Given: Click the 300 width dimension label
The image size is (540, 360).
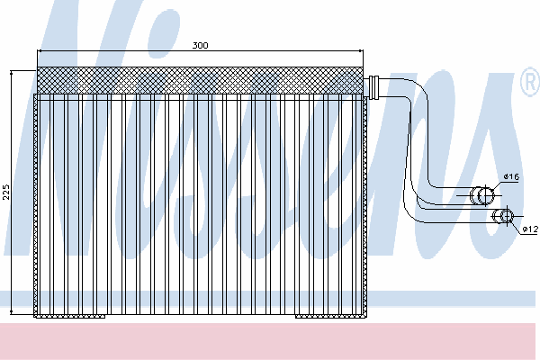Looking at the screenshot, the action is pos(200,46).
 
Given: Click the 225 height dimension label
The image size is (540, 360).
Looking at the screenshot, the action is pos(6,193).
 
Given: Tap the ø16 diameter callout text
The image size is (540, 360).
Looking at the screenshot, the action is pos(511,176).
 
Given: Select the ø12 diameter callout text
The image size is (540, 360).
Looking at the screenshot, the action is pos(530,229).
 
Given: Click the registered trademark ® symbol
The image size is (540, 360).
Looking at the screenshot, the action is pos(530,82).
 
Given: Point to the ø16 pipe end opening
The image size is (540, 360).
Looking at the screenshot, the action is pos(485,195).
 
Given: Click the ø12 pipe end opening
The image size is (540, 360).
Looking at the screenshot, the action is pos(507,216).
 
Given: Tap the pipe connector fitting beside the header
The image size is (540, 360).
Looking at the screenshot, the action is pos(373,87).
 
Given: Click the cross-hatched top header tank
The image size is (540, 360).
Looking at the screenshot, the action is pos(200,80).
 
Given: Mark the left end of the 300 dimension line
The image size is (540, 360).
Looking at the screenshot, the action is pos(38,51).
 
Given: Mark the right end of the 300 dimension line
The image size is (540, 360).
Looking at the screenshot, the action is pos(362,51).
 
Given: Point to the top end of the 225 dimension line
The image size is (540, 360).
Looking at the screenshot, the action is pos(12,72).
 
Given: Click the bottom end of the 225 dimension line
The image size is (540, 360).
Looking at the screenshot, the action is pos(12,312).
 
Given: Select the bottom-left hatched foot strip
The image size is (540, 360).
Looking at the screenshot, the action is pos(70,316).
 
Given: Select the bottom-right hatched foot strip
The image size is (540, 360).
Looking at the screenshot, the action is pos(331,316).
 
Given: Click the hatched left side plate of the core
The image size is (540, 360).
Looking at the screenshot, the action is pos(35,204).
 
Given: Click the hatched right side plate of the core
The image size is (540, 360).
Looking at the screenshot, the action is pos(365,206).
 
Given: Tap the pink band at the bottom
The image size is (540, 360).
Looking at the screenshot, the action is pos(268,341).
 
